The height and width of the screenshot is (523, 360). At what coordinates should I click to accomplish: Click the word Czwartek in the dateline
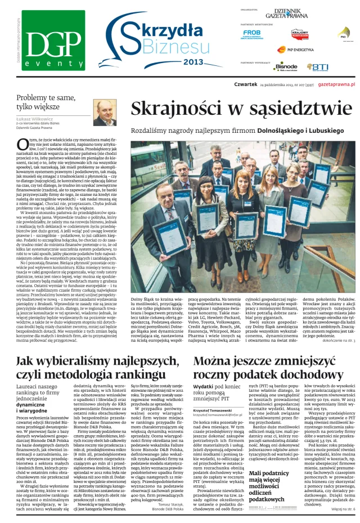tap(245, 84)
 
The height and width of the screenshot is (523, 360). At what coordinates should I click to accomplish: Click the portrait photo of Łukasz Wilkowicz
tap(105, 113)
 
